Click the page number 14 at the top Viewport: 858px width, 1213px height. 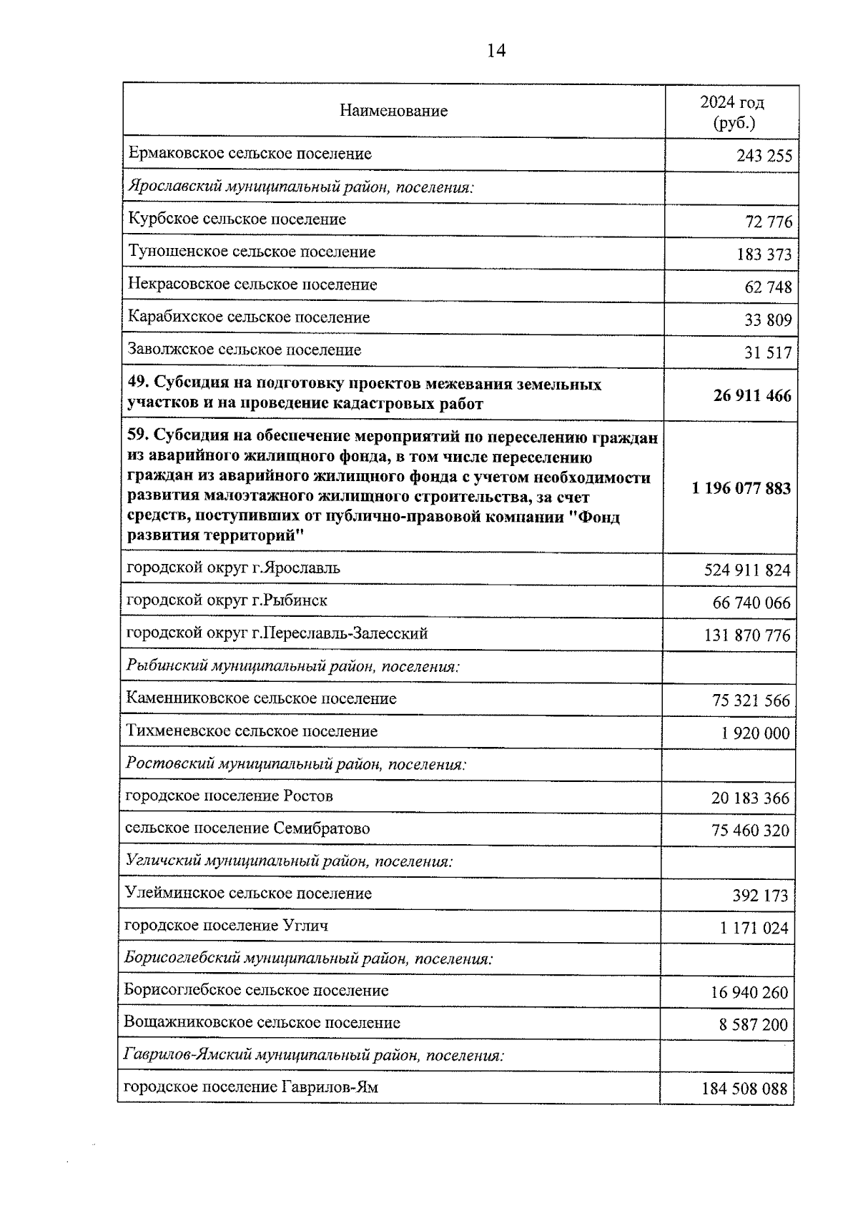coord(495,51)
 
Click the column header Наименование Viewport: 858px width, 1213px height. coord(393,111)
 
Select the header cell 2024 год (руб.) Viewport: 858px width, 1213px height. coord(732,112)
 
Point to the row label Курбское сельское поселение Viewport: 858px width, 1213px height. coord(237,219)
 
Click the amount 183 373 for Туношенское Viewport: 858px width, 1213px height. coord(764,254)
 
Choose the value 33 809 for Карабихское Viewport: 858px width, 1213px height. coord(768,320)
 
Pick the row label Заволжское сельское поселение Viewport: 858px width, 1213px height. coord(245,350)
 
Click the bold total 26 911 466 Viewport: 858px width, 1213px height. coord(752,395)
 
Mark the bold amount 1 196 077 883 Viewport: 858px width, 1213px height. coord(741,488)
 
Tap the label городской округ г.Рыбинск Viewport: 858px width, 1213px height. coord(227,600)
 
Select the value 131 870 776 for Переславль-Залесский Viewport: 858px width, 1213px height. coord(747,635)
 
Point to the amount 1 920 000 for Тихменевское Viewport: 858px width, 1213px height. coord(755,733)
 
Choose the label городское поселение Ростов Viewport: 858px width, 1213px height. coord(229,796)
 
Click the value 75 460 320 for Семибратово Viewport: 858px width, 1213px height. coord(750,831)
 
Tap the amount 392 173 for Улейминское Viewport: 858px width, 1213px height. coord(760,896)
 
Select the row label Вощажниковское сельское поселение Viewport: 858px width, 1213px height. coord(262,1022)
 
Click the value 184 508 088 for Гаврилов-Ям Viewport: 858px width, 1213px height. coord(744,1089)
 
